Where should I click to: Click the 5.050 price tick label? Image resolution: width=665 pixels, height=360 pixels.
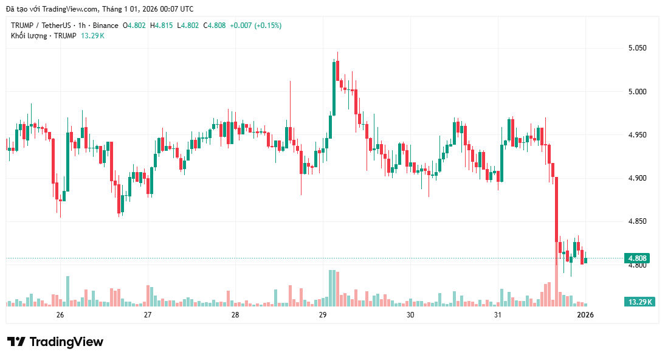coord(637,48)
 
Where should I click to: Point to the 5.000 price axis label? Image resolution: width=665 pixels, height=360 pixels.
coord(637,91)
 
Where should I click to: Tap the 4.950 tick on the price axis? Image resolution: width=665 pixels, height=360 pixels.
coord(637,134)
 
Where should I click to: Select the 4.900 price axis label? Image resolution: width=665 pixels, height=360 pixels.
coord(637,178)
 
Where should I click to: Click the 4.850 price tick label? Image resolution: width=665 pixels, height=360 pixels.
coord(637,221)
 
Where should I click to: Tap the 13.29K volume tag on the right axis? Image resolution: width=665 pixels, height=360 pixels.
coord(640,302)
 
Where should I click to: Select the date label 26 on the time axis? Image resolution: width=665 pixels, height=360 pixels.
coord(60,314)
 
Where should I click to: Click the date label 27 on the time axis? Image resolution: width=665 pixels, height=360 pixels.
coord(147,314)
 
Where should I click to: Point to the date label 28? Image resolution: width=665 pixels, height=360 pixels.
coord(235,314)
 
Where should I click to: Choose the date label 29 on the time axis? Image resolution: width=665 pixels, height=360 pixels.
coord(323,314)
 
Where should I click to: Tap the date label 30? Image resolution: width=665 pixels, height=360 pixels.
coord(410,314)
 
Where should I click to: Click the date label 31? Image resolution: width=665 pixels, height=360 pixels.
coord(498,314)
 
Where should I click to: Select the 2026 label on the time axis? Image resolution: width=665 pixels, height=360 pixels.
coord(585,314)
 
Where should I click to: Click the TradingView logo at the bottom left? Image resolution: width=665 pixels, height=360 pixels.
coord(55,342)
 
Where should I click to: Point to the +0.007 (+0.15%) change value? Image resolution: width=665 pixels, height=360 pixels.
coord(255,26)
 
